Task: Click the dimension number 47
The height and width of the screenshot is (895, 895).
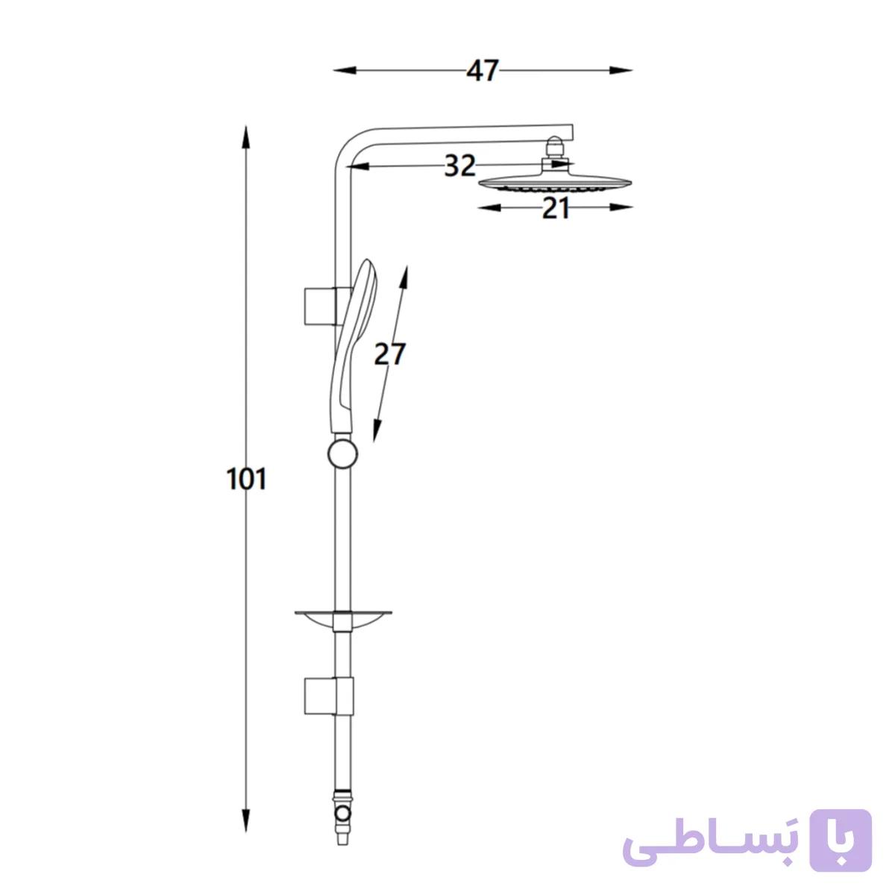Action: click(482, 71)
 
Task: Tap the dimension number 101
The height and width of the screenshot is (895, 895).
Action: click(246, 479)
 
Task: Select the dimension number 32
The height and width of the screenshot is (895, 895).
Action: click(460, 166)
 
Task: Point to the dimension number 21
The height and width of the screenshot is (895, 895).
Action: click(555, 208)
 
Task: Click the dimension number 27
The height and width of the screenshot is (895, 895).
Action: click(389, 354)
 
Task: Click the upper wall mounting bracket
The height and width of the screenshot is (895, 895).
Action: click(328, 306)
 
